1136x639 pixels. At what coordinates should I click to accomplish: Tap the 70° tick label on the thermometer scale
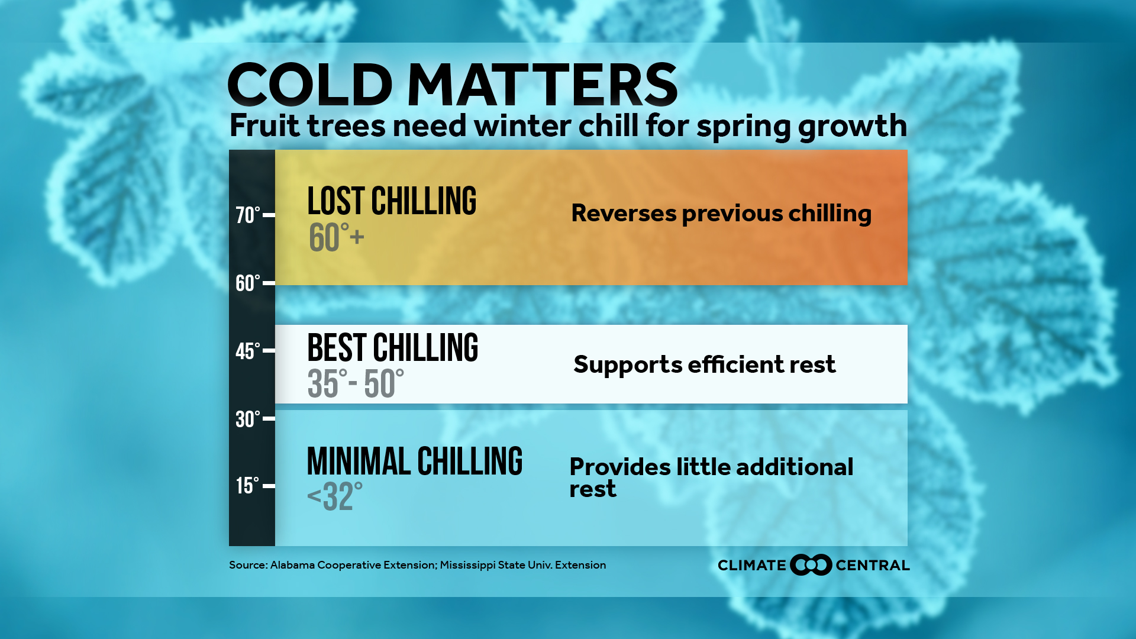[248, 215]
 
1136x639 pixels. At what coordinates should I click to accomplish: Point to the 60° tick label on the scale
[248, 283]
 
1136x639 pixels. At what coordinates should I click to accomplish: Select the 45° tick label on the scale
[248, 351]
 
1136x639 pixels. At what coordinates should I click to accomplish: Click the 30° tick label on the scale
[248, 419]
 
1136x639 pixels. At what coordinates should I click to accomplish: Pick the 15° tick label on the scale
[248, 486]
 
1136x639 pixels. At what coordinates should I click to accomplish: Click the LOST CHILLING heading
[392, 201]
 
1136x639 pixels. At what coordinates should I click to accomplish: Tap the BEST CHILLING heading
[393, 348]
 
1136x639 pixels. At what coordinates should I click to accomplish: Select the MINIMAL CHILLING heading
[415, 461]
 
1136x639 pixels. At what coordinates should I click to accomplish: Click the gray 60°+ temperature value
[336, 238]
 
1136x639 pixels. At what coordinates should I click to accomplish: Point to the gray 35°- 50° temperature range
[356, 383]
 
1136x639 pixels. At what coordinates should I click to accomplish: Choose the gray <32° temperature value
[335, 496]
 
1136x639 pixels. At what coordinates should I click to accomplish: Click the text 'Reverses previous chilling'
[721, 214]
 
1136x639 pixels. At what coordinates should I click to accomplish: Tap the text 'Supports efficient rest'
[705, 364]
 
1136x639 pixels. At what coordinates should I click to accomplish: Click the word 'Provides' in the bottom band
[620, 467]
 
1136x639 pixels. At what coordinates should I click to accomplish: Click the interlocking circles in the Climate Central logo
[811, 565]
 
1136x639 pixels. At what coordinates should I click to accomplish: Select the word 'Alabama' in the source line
[292, 565]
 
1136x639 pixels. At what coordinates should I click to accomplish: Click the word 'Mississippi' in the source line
[467, 566]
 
